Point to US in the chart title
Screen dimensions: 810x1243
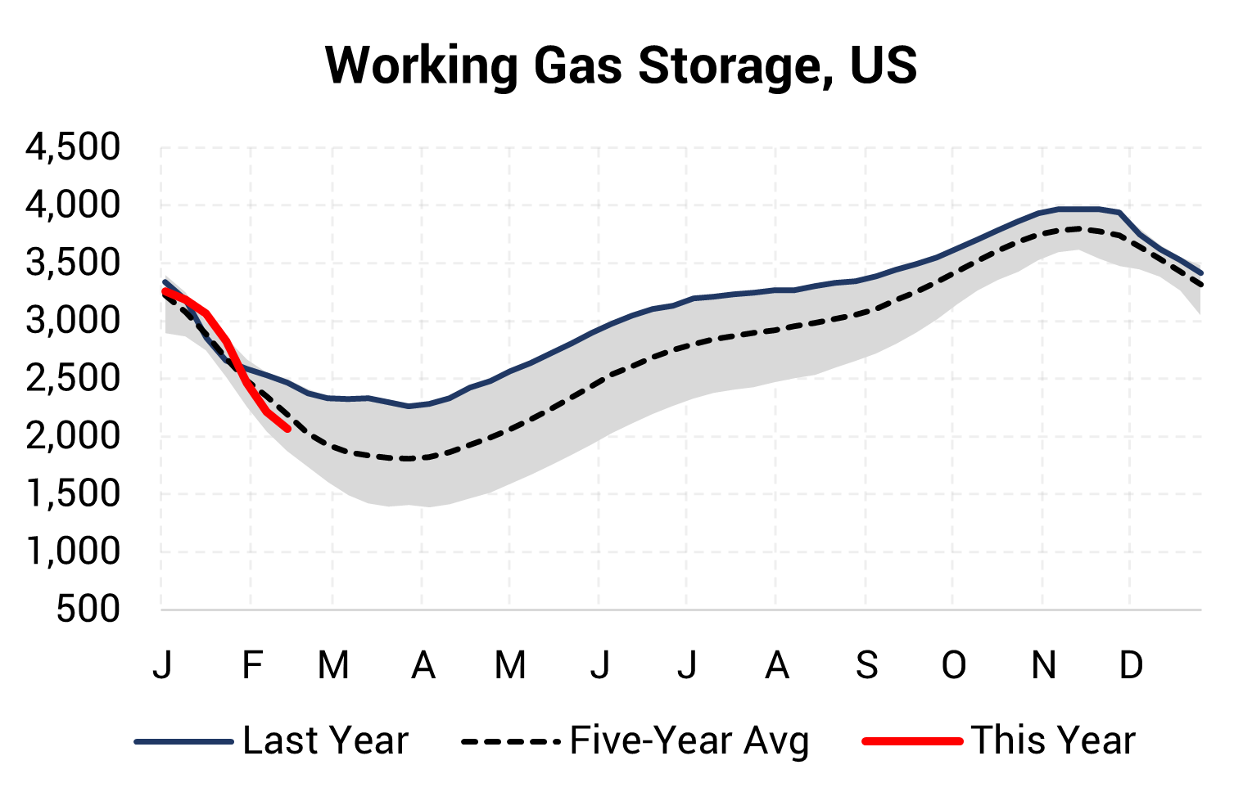[884, 65]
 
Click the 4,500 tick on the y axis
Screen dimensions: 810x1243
[73, 147]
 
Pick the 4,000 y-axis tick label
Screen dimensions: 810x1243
[73, 205]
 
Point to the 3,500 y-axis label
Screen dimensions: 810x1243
[73, 263]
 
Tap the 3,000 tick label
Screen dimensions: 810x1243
[73, 321]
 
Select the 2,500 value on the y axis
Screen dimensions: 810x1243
[73, 378]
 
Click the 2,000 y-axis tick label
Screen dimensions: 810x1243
[73, 436]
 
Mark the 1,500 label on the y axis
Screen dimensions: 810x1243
[73, 494]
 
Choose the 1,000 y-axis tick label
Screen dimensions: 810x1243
[73, 551]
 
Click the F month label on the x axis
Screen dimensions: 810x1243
[251, 665]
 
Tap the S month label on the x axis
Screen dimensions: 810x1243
[866, 665]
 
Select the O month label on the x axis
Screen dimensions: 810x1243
[953, 665]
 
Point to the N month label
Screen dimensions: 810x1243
[1043, 665]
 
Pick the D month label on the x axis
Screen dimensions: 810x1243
[1131, 665]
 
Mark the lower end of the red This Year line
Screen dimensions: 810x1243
[287, 428]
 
